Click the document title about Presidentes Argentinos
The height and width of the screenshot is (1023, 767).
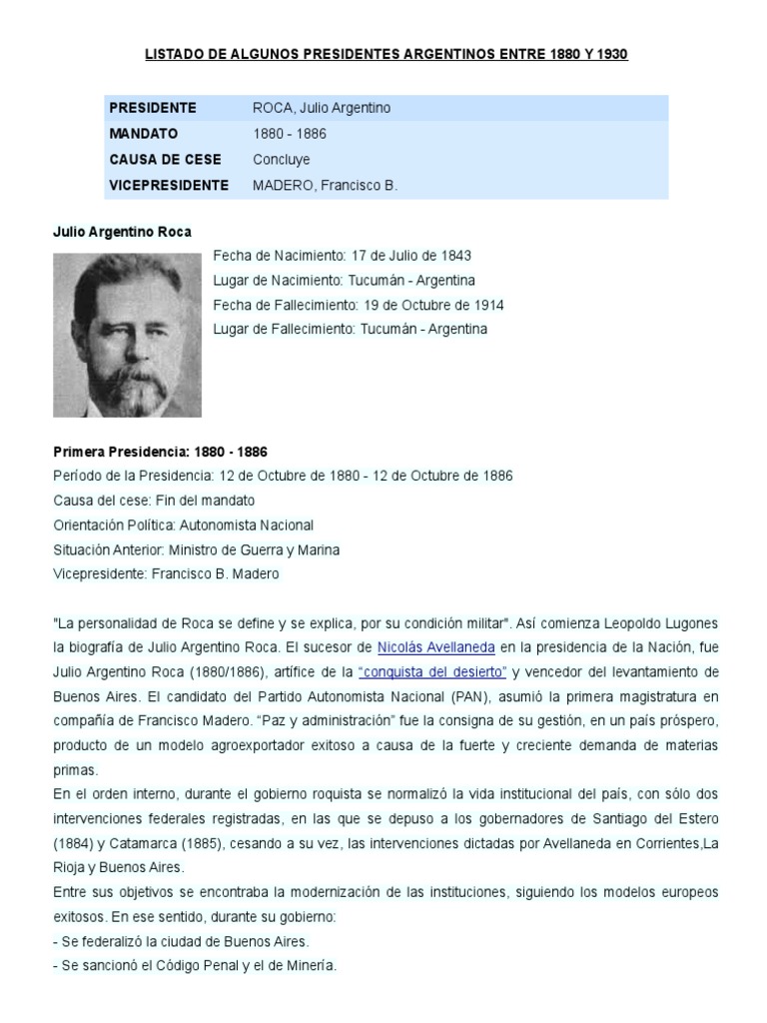click(385, 54)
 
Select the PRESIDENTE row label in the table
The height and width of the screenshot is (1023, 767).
click(153, 108)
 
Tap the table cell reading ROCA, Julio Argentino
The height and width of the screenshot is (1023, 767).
click(321, 108)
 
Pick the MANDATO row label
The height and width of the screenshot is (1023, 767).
click(144, 133)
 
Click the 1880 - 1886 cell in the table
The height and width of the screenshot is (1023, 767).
click(290, 133)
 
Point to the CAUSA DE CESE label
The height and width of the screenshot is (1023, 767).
click(166, 159)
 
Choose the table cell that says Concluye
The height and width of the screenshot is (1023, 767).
click(282, 159)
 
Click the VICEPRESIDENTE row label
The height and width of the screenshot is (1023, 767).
click(169, 185)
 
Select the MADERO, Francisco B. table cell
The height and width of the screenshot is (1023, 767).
click(325, 185)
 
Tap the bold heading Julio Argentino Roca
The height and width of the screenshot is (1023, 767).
click(122, 232)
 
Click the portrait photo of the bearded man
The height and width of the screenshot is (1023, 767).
click(127, 335)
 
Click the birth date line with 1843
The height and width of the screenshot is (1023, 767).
click(342, 256)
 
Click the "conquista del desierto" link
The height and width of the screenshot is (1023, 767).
click(431, 671)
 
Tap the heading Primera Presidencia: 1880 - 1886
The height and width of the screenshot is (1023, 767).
click(160, 452)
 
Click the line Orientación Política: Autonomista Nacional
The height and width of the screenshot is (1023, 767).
click(183, 524)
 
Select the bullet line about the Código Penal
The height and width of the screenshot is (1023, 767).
click(195, 965)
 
